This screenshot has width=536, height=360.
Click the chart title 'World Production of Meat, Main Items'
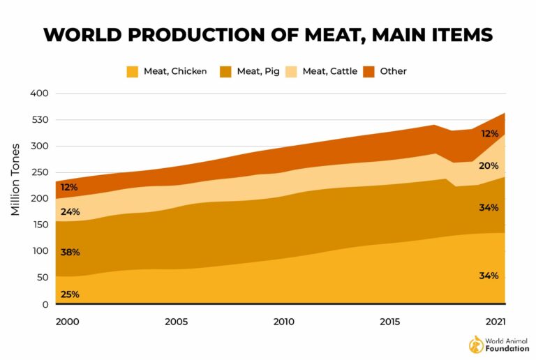click(x=268, y=34)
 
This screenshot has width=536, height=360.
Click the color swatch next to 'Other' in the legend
click(x=368, y=71)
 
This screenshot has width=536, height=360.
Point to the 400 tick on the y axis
click(x=39, y=93)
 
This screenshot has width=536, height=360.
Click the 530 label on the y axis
click(x=39, y=120)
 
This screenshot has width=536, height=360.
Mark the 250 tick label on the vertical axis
click(x=39, y=173)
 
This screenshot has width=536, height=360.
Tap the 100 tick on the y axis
click(x=39, y=251)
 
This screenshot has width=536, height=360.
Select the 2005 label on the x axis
click(x=176, y=322)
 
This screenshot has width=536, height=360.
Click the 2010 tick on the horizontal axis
click(x=283, y=322)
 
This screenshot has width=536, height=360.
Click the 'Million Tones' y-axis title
click(x=15, y=179)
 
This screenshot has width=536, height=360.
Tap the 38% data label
click(x=70, y=253)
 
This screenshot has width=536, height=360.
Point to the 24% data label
click(x=70, y=212)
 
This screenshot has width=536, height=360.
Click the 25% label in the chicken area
click(x=70, y=294)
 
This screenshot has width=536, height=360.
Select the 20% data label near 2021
click(x=489, y=166)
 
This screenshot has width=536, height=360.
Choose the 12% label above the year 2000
click(x=70, y=188)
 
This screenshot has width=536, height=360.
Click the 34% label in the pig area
click(x=489, y=208)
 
